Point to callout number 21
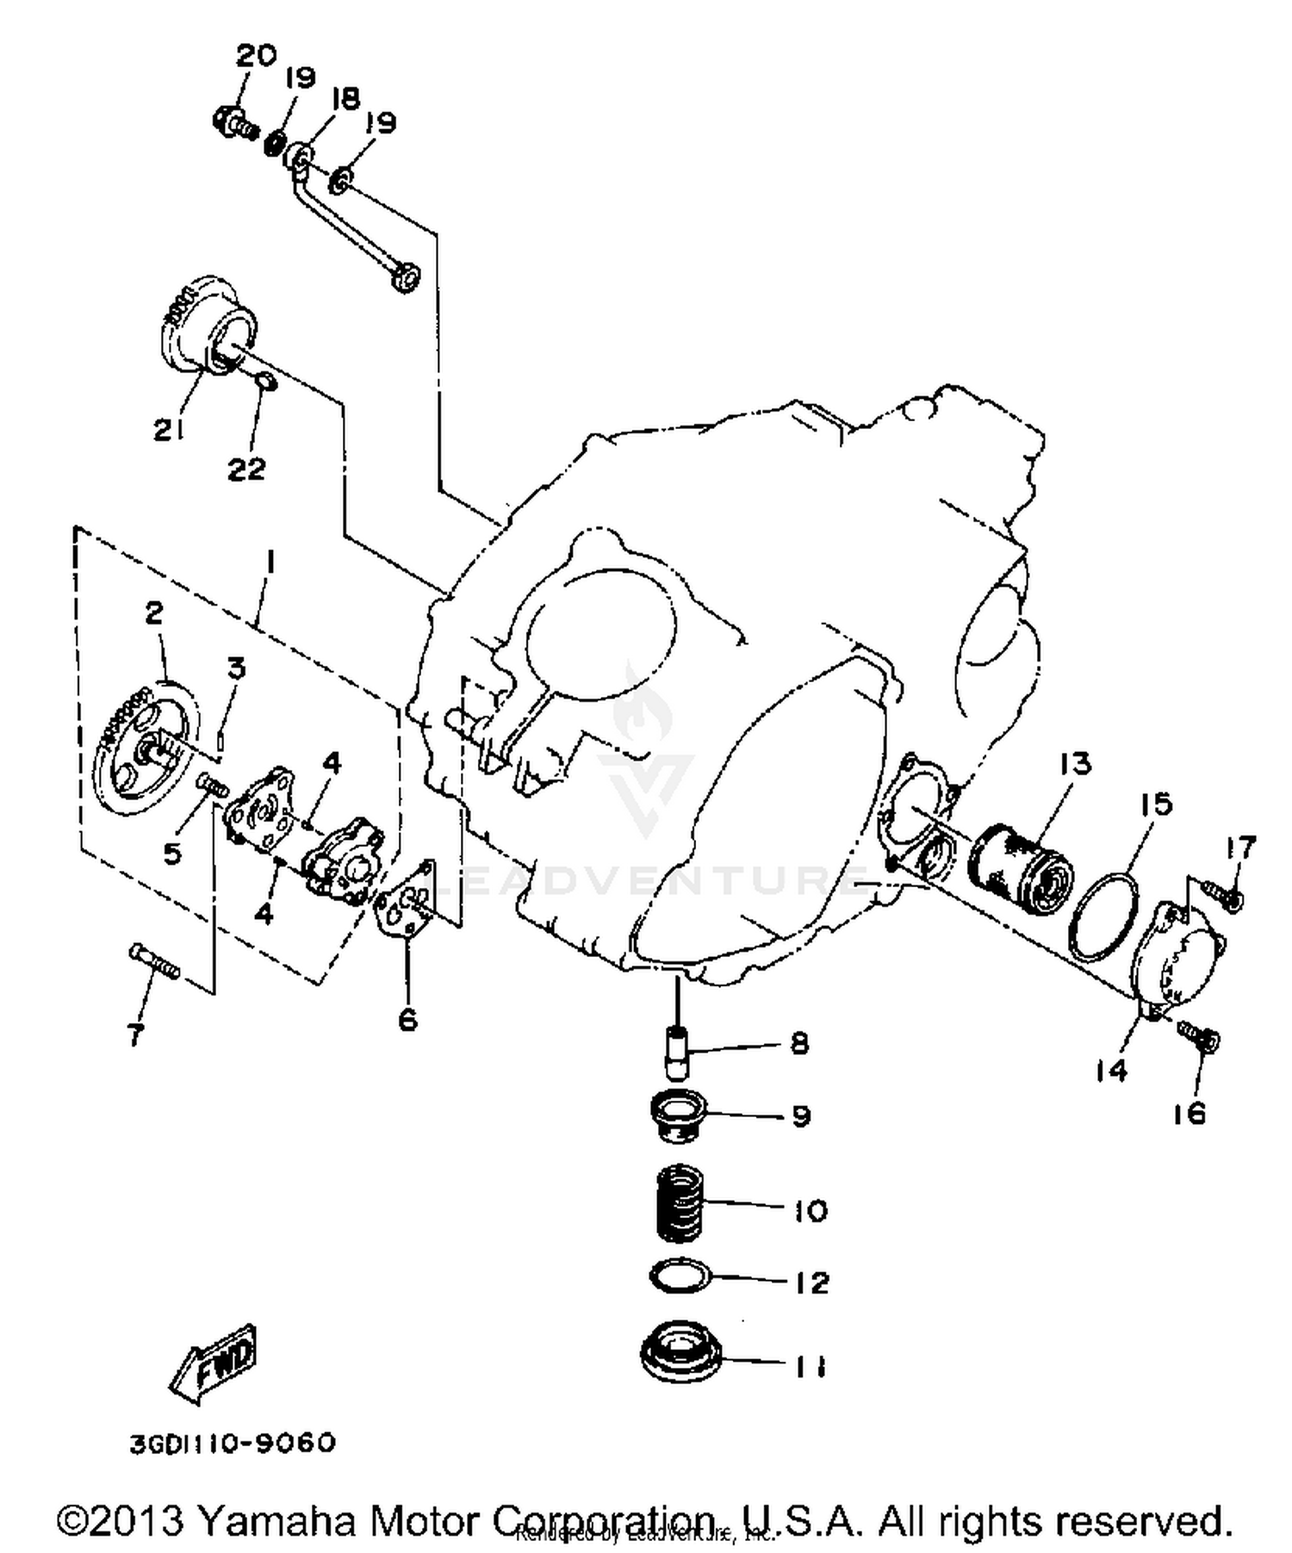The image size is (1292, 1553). [x=169, y=429]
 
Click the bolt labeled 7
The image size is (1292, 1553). [x=155, y=961]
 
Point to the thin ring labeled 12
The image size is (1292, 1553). [x=679, y=1278]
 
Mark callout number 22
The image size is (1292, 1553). [x=246, y=469]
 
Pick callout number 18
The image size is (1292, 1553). [x=345, y=98]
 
